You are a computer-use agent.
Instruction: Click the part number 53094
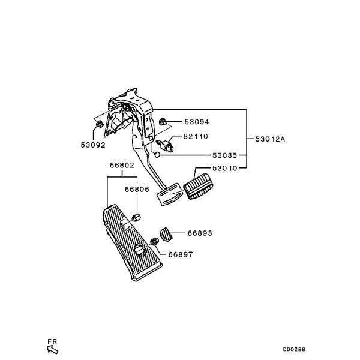coord(197,122)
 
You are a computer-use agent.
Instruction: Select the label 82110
coord(196,136)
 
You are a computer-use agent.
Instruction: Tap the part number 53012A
coord(270,139)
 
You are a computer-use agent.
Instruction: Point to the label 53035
coord(224,155)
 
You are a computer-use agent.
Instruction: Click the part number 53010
coord(224,168)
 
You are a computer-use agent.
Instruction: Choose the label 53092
coord(93,145)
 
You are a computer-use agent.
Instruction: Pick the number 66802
coord(122,166)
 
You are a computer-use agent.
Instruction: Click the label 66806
coord(137,189)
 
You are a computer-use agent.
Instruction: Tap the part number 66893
coord(200,233)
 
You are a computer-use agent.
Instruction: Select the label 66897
coord(181,254)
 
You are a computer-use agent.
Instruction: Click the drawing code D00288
coord(294,349)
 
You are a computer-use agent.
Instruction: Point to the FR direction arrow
coord(53,350)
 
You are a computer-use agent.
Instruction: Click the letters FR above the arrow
coord(52,341)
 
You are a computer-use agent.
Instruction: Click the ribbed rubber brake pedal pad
coord(199,187)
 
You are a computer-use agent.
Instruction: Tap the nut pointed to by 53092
coord(99,124)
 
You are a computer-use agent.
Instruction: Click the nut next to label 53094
coord(163,121)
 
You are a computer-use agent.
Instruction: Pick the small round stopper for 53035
coord(157,155)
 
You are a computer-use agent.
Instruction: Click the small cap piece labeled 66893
coord(166,235)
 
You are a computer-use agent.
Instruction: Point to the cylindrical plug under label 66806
coord(136,217)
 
